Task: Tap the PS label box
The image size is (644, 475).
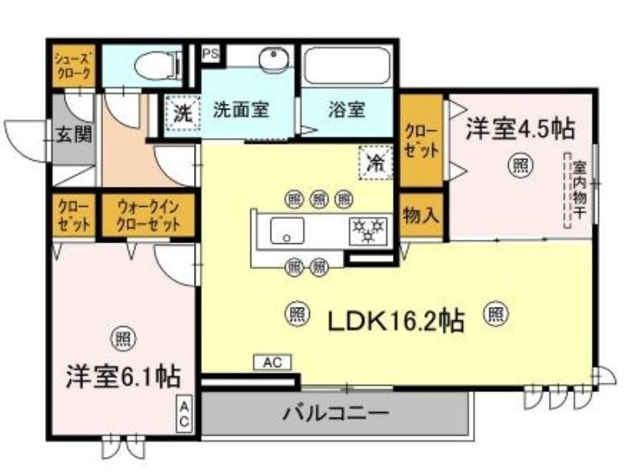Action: [211, 54]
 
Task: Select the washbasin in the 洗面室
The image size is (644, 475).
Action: [275, 61]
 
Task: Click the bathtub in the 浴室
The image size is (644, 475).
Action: [347, 67]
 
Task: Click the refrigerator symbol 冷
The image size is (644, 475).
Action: [375, 161]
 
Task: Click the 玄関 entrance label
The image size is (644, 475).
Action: [73, 134]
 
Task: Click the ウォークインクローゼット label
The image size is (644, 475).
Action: [148, 215]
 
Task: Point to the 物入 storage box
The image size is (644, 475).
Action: [420, 216]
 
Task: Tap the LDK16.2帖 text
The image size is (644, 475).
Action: [394, 320]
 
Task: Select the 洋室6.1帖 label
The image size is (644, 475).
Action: [122, 376]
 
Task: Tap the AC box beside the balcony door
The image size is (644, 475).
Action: [273, 363]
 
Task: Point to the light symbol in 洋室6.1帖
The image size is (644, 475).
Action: [122, 338]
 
